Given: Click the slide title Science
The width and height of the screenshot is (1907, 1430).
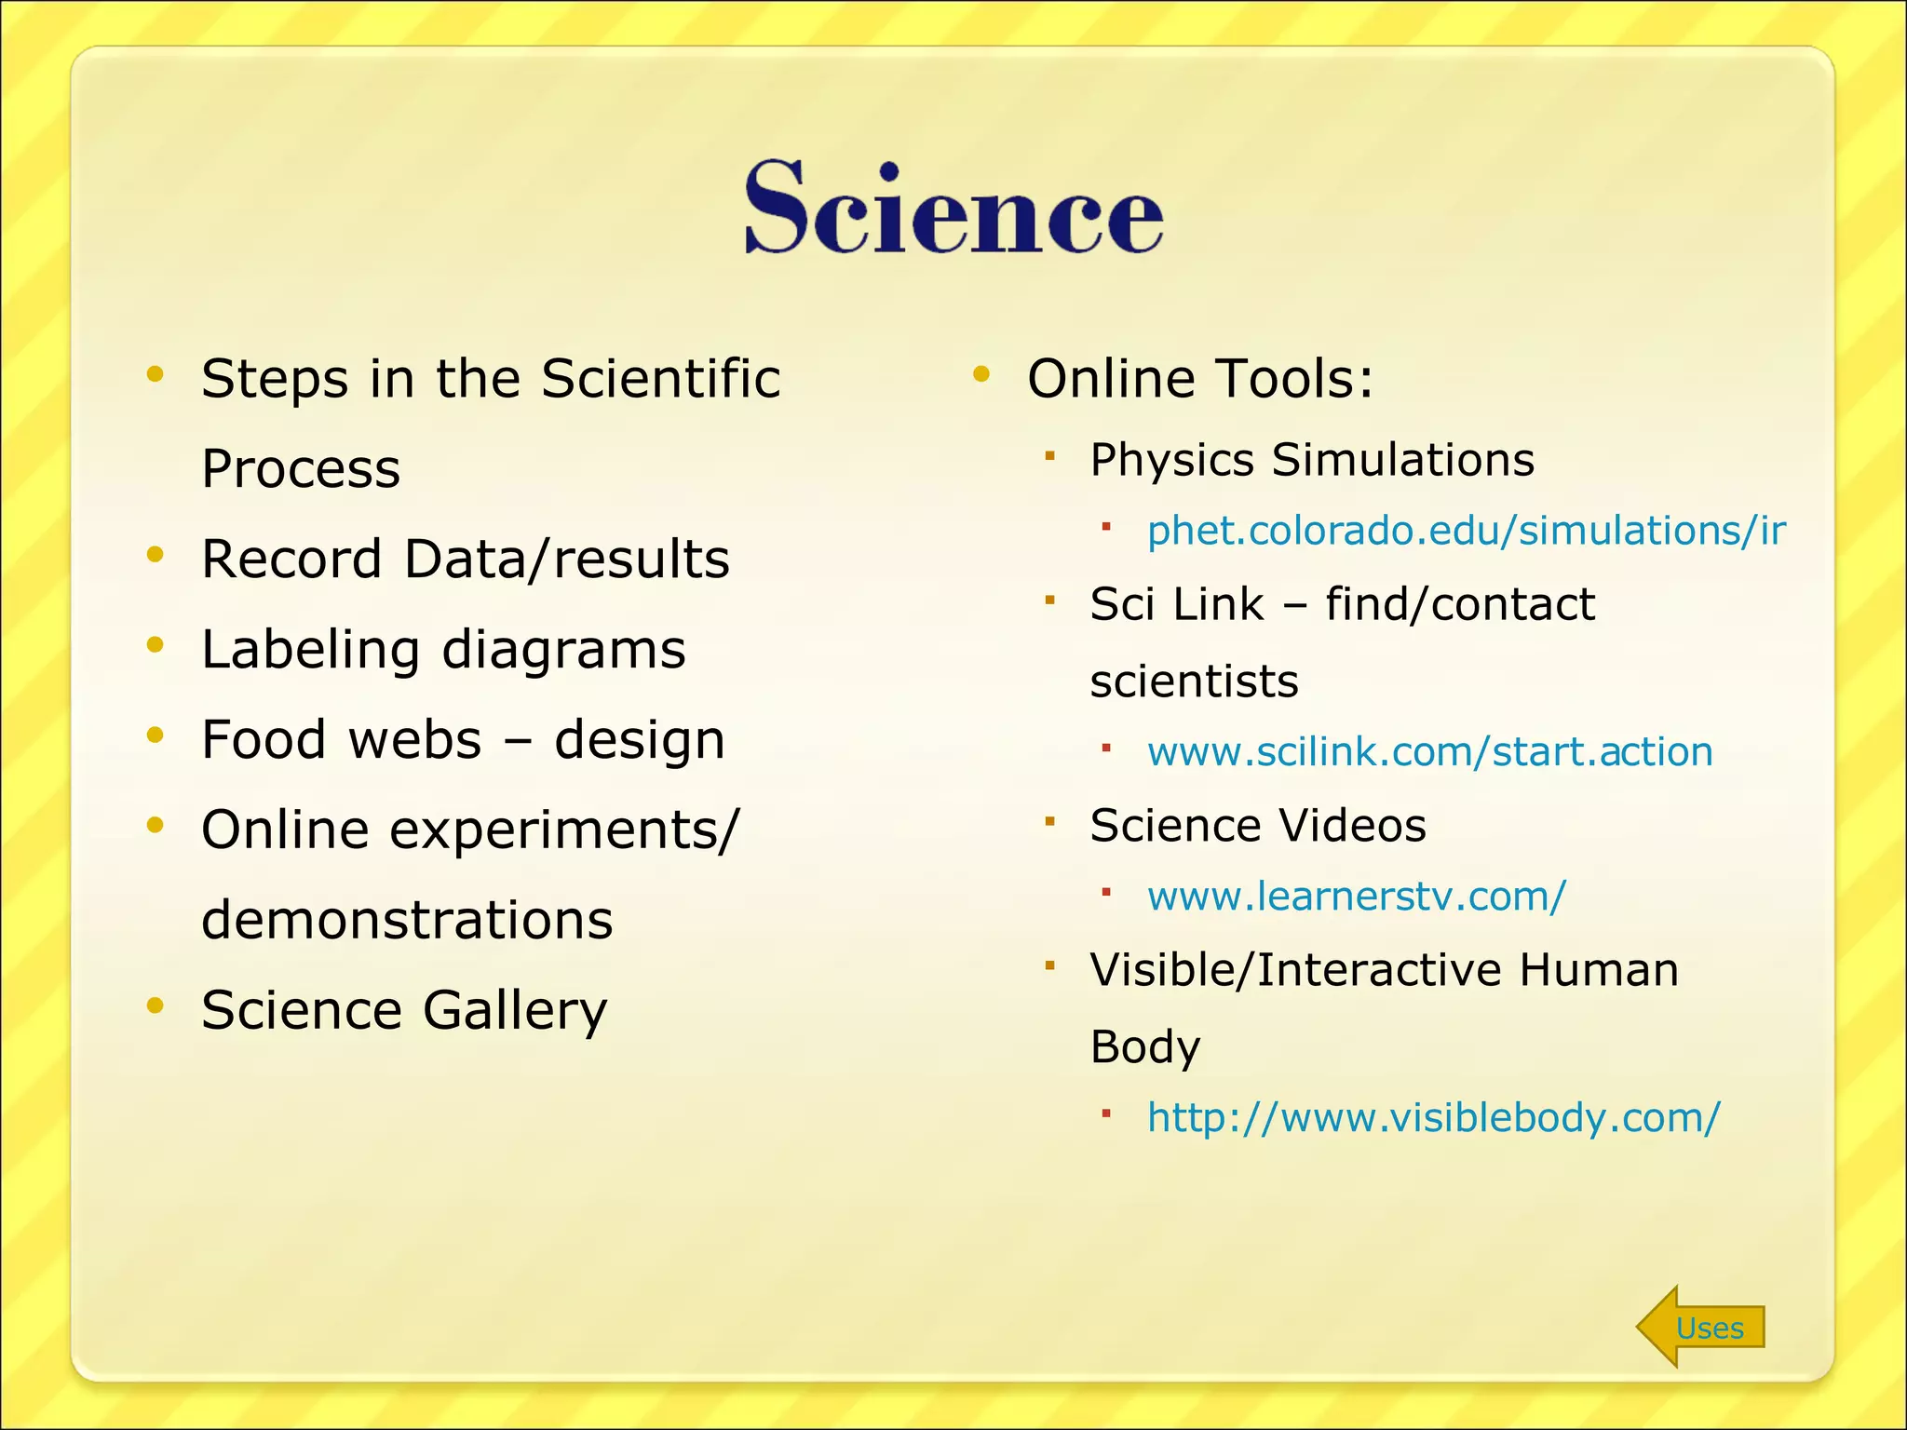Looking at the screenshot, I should pos(953,207).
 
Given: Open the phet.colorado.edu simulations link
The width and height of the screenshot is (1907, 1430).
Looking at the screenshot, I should pos(1466,531).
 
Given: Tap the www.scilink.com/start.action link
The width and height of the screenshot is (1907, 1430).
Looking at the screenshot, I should pos(1429,751).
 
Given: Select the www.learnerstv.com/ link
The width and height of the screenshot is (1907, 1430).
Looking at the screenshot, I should pos(1356,896).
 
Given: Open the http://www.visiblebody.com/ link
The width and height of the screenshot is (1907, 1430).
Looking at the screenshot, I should pos(1433,1117).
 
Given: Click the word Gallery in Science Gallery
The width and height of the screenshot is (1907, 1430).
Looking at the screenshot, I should pos(514,1011).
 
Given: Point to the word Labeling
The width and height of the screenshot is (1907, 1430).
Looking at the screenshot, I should pos(310,650).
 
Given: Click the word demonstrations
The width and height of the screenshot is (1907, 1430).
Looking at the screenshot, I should pos(407,920).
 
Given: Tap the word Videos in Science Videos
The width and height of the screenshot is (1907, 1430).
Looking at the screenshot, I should pos(1351,825).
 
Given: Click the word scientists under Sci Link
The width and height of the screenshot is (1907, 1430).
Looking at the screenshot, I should pos(1194,681).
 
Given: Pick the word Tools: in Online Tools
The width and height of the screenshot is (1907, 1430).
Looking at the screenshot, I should pos(1294,379).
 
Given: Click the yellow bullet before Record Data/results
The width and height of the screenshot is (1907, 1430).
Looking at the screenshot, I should pos(155,556).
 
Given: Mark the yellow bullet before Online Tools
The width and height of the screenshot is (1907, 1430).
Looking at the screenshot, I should pos(981,375).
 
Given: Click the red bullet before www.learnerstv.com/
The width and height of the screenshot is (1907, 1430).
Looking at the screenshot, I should pos(1106,892).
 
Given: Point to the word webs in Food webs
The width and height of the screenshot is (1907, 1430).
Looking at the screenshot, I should pos(413,740).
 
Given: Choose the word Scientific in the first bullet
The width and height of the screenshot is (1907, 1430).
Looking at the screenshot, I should pos(660,379).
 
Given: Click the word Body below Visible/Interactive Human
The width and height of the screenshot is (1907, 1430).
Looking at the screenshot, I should pos(1144,1047).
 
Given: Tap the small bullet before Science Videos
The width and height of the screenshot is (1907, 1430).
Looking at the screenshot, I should pos(1049,821).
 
